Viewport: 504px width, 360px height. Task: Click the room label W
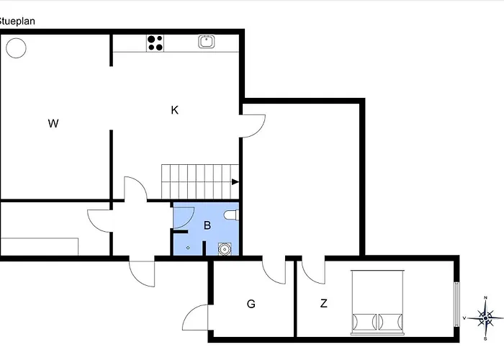pyautogui.click(x=53, y=124)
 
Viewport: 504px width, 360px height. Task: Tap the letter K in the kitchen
pyautogui.click(x=174, y=110)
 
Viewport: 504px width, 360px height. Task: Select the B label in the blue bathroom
pyautogui.click(x=207, y=225)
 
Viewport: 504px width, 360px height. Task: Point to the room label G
pyautogui.click(x=251, y=304)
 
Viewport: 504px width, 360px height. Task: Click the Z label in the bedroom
pyautogui.click(x=324, y=304)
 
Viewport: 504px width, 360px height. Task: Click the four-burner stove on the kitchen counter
pyautogui.click(x=155, y=42)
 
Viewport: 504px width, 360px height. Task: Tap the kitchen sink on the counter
pyautogui.click(x=207, y=42)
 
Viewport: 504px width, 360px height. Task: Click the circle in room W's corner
pyautogui.click(x=16, y=48)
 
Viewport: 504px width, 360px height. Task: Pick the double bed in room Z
pyautogui.click(x=379, y=302)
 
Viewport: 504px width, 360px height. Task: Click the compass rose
pyautogui.click(x=486, y=317)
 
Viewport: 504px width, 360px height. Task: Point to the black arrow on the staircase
pyautogui.click(x=235, y=182)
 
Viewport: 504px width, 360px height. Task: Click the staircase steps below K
pyautogui.click(x=198, y=180)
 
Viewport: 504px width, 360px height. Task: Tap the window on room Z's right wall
pyautogui.click(x=456, y=303)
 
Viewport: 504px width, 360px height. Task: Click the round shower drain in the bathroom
pyautogui.click(x=225, y=250)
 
